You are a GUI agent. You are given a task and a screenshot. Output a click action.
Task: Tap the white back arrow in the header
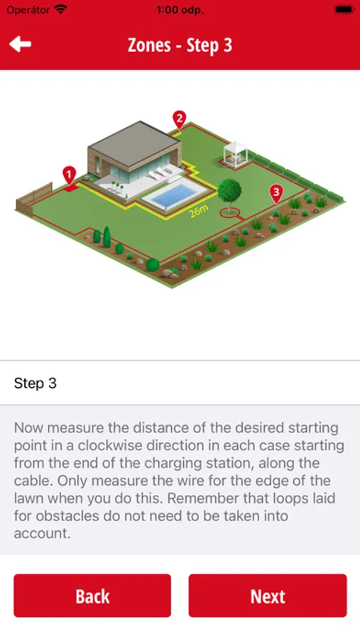[20, 45]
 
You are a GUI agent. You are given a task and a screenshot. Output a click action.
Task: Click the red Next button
[268, 596]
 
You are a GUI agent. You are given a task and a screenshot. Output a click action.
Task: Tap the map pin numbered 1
[70, 175]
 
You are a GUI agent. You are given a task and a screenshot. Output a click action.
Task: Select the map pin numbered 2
[180, 119]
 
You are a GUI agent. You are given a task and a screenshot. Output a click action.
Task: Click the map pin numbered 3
[276, 193]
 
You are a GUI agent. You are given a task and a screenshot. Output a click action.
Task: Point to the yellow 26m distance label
[199, 211]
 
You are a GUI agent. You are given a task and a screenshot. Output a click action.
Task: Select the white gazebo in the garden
[235, 153]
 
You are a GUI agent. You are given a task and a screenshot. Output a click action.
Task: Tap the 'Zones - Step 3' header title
[180, 45]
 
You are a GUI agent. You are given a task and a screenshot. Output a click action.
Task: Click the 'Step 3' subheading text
[36, 383]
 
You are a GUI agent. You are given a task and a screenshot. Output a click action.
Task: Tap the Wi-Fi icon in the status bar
[61, 9]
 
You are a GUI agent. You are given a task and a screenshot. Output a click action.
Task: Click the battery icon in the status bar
[344, 9]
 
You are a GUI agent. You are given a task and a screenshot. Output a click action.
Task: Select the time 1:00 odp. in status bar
[180, 10]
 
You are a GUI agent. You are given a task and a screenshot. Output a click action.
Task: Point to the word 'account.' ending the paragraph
[43, 533]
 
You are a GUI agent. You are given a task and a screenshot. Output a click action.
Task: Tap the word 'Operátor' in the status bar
[28, 10]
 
